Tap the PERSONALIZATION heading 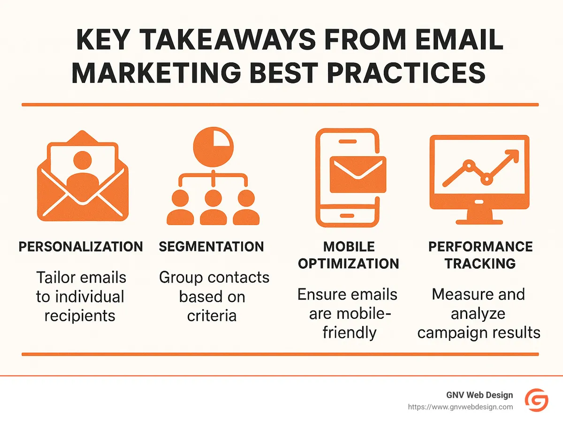[81, 247]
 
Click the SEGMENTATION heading [211, 247]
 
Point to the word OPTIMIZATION [348, 264]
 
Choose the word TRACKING [480, 264]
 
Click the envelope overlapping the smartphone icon [358, 174]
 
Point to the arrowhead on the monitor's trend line [512, 157]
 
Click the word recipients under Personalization [80, 316]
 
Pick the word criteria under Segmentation [212, 316]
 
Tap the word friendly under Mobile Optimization [349, 332]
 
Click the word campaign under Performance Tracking [450, 332]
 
